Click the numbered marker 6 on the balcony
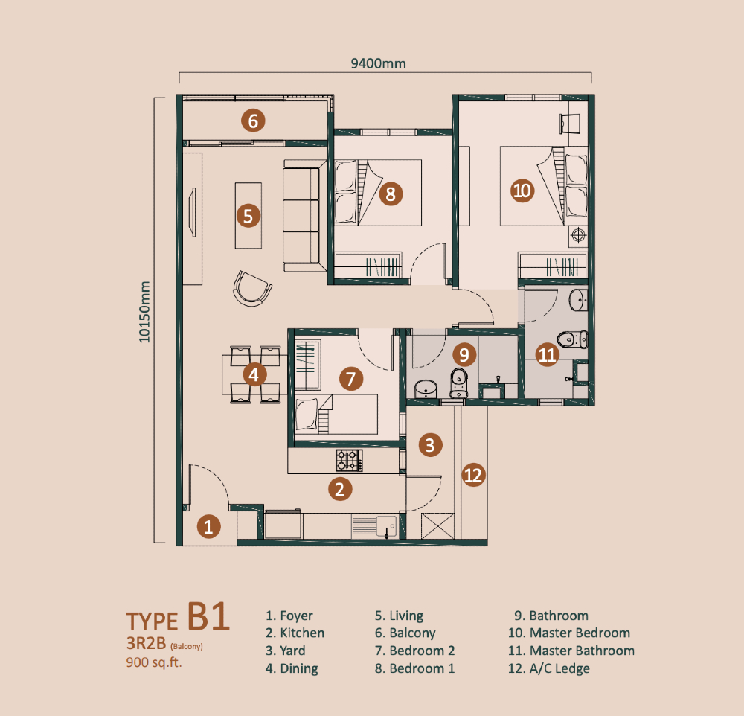pyautogui.click(x=253, y=121)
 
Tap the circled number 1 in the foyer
pyautogui.click(x=208, y=526)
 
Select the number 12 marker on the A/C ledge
pyautogui.click(x=473, y=476)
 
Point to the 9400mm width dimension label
pyautogui.click(x=378, y=63)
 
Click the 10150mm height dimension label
pyautogui.click(x=144, y=312)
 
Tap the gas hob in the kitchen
pyautogui.click(x=349, y=460)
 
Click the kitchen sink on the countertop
pyautogui.click(x=387, y=526)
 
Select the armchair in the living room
pyautogui.click(x=252, y=288)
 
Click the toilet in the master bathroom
pyautogui.click(x=572, y=340)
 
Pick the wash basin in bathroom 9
pyautogui.click(x=426, y=389)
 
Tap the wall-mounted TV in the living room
pyautogui.click(x=193, y=212)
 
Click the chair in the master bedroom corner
pyautogui.click(x=570, y=124)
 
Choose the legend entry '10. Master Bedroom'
pyautogui.click(x=569, y=633)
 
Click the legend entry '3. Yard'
pyautogui.click(x=285, y=651)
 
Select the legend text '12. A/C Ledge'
pyautogui.click(x=549, y=668)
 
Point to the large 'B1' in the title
pyautogui.click(x=208, y=616)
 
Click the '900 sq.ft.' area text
pyautogui.click(x=154, y=662)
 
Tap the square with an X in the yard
pyautogui.click(x=437, y=526)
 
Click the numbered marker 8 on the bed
pyautogui.click(x=391, y=194)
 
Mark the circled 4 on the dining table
pyautogui.click(x=254, y=374)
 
